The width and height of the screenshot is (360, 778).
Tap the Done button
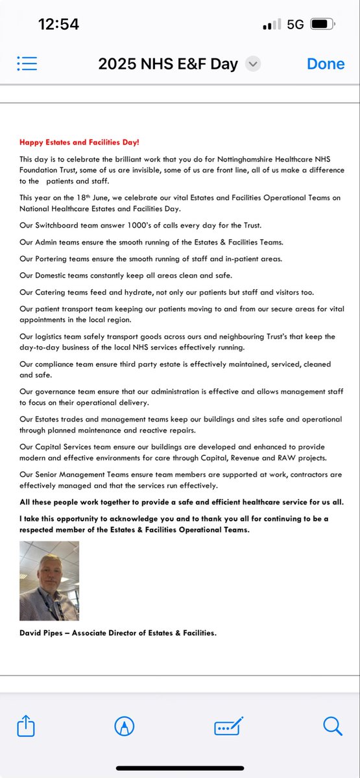coord(326,64)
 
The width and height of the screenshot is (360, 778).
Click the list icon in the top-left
coord(27,64)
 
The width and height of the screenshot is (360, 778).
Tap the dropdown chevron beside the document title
coord(254,64)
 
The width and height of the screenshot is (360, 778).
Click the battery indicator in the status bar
coord(322,25)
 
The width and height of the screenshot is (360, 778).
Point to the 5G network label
coord(295,25)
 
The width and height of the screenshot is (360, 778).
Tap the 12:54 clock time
coord(58,25)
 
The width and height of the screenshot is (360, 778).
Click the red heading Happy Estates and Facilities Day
coord(79,142)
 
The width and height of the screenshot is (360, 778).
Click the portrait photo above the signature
coord(49,581)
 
